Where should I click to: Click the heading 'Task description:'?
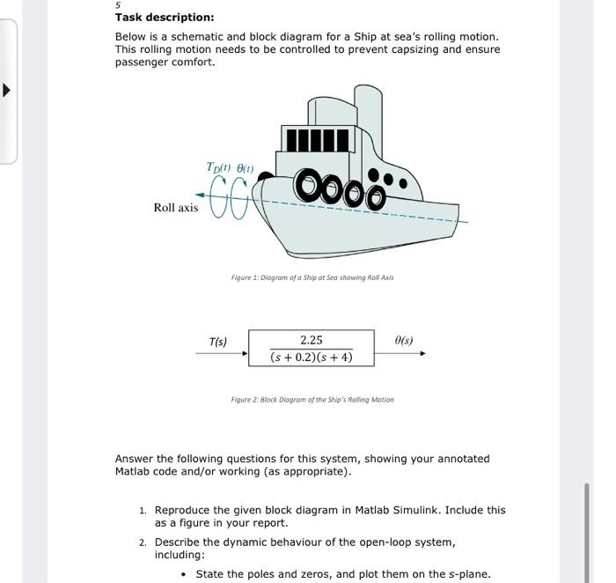coord(164,18)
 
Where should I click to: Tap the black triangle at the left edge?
coord(8,90)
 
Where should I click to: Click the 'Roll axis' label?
coord(176,208)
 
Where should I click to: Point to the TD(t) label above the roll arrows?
coord(217,167)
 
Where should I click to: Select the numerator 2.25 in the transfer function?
coord(311,340)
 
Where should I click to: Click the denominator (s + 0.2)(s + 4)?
coord(312,357)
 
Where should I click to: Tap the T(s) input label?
coord(217,342)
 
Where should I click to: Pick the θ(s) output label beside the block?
coord(404,341)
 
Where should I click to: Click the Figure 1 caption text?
coord(312,277)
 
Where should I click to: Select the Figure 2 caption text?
coord(312,400)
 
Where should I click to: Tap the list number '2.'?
coord(143,542)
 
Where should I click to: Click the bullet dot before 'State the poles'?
coord(183,574)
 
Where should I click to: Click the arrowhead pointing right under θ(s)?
coord(422,354)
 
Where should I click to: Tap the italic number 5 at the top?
coord(118,4)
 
